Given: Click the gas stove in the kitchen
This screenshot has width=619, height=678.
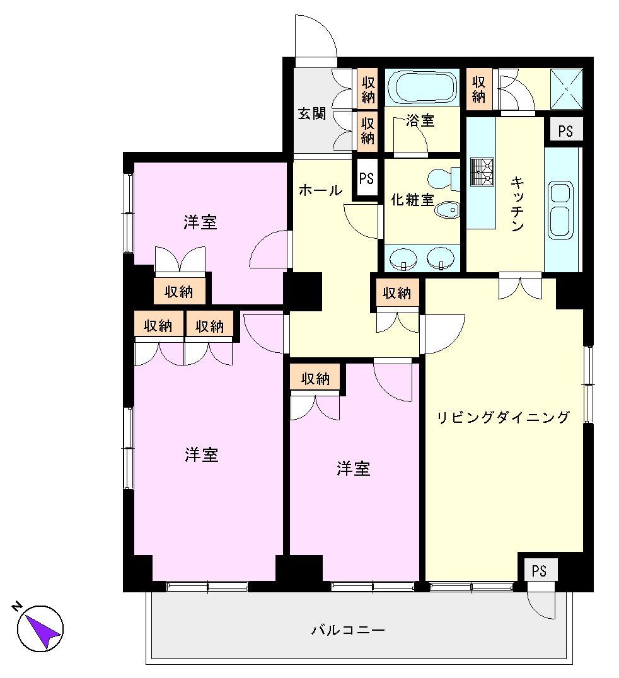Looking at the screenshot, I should (482, 172).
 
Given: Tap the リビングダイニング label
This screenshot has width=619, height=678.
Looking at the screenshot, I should (504, 417).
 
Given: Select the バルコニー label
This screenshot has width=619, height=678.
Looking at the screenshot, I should (348, 629).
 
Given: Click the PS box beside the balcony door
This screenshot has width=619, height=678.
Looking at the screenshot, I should (538, 570).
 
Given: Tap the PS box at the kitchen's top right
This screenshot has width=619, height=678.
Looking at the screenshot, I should (565, 131).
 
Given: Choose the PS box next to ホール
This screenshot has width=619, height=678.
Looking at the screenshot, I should (366, 178).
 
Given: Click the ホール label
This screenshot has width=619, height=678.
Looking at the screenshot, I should (320, 190).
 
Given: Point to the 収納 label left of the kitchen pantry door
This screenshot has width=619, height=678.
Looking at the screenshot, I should (479, 89).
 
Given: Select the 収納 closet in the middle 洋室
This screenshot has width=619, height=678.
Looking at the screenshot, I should (315, 379).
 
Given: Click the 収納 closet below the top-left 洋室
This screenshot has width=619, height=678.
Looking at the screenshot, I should (179, 291).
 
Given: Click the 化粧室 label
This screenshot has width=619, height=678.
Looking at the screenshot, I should (413, 200).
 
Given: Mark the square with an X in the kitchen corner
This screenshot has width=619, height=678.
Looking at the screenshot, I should (565, 88).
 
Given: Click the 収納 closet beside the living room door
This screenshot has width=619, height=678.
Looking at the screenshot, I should (397, 293).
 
